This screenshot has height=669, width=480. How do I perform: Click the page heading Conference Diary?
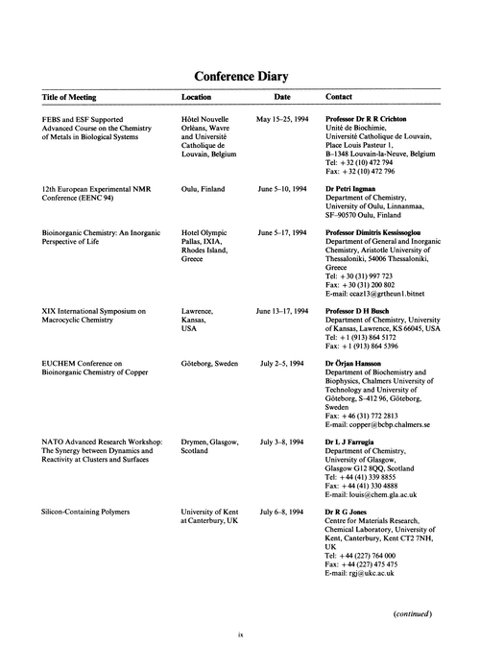(241, 76)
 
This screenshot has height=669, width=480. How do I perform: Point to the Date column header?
(281, 98)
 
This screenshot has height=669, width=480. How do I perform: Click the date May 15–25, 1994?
(281, 118)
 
